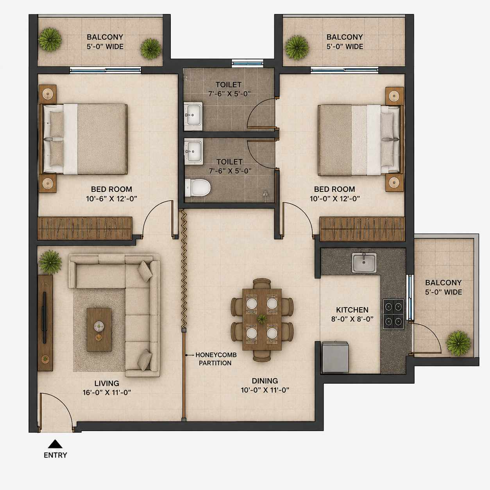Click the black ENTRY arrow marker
(x=55, y=444)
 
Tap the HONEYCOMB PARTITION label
(x=216, y=359)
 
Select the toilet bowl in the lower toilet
(x=198, y=188)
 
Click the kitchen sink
(x=364, y=263)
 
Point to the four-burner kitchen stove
(x=393, y=314)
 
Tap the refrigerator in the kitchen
(x=335, y=357)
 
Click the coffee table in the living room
(x=99, y=329)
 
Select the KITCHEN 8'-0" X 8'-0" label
(x=352, y=314)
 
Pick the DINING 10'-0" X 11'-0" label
(x=265, y=385)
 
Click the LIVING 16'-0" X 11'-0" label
(x=107, y=388)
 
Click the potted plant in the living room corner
(x=50, y=262)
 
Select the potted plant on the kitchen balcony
(x=458, y=343)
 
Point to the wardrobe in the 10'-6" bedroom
(x=85, y=228)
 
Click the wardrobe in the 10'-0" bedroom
(x=362, y=229)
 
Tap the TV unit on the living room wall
(x=45, y=323)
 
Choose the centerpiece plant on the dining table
(x=262, y=318)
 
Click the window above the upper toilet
(x=248, y=63)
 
